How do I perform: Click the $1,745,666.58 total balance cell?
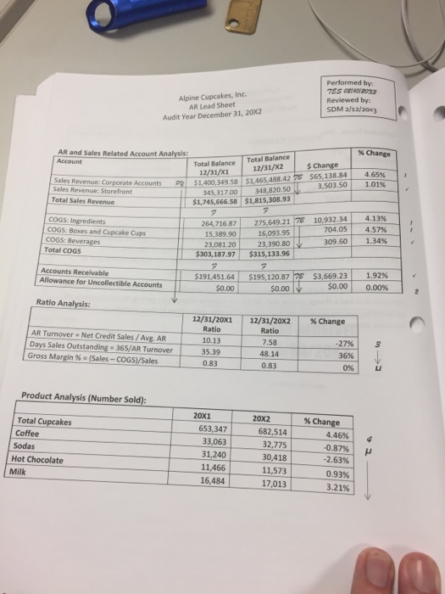click(x=216, y=201)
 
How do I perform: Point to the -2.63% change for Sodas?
click(x=333, y=461)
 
